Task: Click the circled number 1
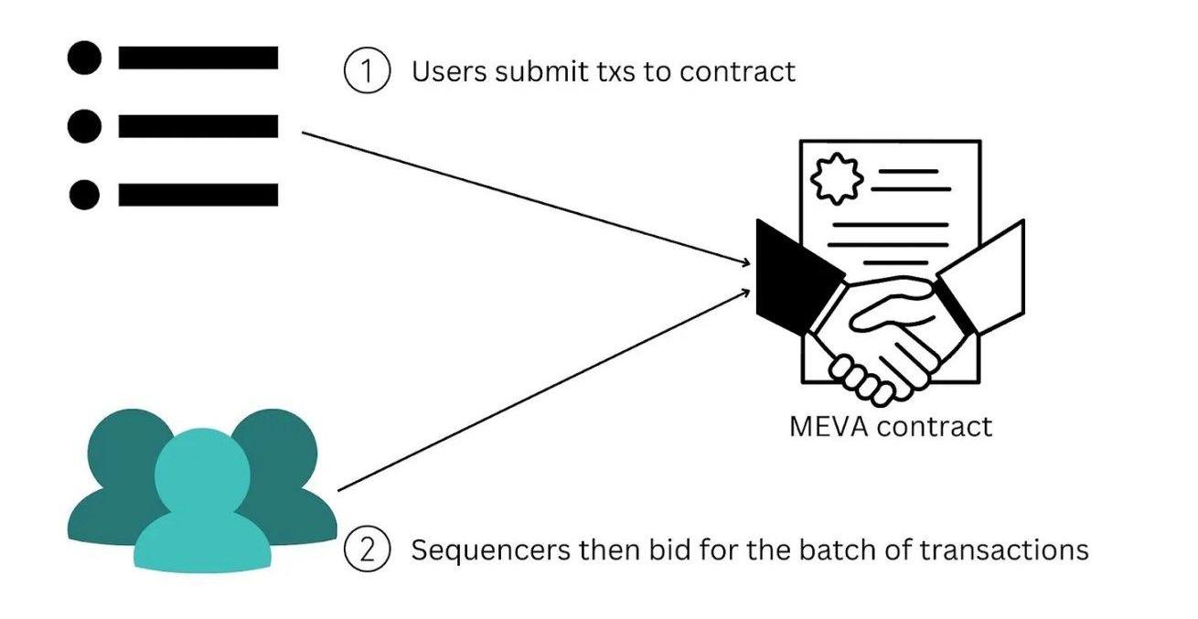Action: click(367, 71)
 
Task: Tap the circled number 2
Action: click(367, 550)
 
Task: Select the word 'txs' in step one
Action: click(614, 71)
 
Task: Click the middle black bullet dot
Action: click(84, 126)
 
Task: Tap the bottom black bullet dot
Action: click(84, 195)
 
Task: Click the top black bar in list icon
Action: click(198, 59)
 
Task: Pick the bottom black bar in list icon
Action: click(198, 195)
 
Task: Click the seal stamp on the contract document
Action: click(831, 180)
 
